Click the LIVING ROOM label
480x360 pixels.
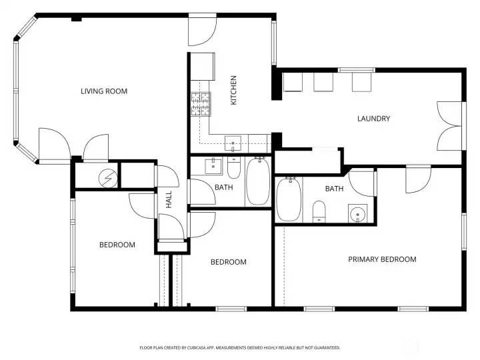click(x=104, y=91)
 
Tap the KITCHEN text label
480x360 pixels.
click(x=233, y=90)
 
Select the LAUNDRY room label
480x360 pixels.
click(x=374, y=119)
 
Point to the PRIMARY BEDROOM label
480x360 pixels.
click(x=383, y=259)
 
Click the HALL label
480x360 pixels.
click(x=169, y=200)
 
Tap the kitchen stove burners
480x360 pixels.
click(x=201, y=104)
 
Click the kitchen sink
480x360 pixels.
click(x=233, y=144)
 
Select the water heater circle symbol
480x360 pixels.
click(x=108, y=178)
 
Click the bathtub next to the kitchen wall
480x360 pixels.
click(x=259, y=181)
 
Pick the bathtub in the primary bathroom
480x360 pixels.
click(x=289, y=199)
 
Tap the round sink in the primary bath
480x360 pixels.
click(x=358, y=213)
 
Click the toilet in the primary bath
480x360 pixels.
click(x=319, y=211)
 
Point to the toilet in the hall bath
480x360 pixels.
click(x=234, y=168)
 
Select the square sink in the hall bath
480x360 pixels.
click(x=213, y=166)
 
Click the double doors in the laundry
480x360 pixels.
click(x=449, y=126)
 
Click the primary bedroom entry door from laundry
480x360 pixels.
click(x=419, y=180)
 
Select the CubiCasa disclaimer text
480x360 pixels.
click(x=240, y=348)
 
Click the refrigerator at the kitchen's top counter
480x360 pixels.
click(x=203, y=67)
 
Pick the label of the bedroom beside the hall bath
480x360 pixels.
click(x=229, y=262)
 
